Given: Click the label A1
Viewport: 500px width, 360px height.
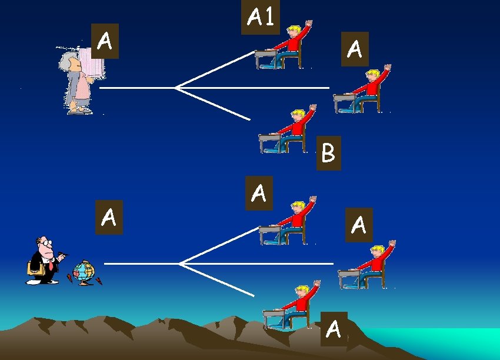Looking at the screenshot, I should click(261, 17).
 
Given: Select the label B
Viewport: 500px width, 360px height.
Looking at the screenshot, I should click(328, 153).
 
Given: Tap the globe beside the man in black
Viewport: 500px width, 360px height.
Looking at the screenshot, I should click(84, 272).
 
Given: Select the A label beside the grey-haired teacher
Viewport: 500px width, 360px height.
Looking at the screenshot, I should click(105, 41).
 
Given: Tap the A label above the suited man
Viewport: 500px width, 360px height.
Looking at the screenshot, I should click(108, 217).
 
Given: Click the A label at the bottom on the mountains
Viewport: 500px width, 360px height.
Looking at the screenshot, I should click(334, 328).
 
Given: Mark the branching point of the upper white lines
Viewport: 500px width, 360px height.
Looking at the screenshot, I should click(175, 88).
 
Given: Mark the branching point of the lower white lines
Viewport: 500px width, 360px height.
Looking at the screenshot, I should click(179, 264).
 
